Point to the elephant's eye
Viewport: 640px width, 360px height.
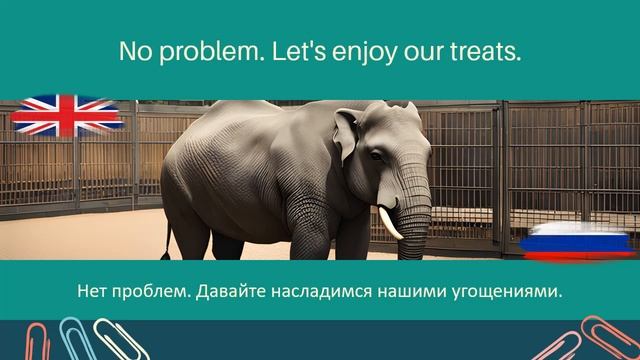coord(377,154)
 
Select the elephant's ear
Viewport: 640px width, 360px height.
coord(346,134)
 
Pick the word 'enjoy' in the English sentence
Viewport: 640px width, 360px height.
coord(353,52)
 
